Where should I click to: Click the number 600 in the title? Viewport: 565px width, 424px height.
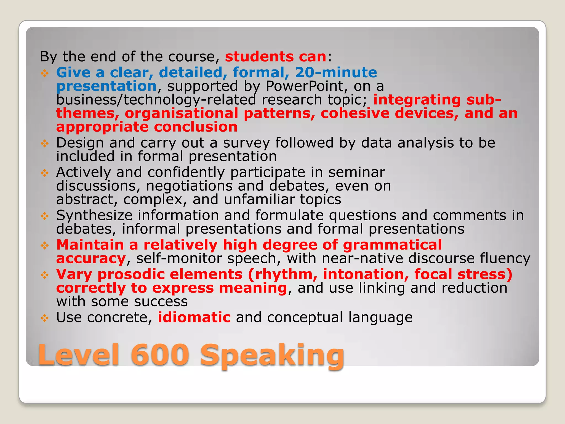pos(160,355)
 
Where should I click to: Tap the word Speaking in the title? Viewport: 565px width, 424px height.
pos(272,356)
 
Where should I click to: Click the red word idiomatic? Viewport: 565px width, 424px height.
pos(194,317)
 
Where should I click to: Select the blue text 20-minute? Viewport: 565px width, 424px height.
pos(336,73)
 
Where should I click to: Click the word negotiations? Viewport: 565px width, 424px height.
pos(189,186)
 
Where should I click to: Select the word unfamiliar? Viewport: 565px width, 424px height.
pos(259,199)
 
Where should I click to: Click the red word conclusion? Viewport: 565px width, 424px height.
pos(196,127)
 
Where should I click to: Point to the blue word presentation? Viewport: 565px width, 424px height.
pos(106,86)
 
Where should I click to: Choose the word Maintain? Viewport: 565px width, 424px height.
pos(90,245)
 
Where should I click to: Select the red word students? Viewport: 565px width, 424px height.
pos(259,57)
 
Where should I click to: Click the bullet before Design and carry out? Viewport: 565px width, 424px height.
pos(44,143)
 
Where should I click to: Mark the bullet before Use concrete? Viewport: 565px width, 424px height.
pos(44,318)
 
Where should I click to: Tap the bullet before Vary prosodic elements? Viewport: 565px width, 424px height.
pos(44,275)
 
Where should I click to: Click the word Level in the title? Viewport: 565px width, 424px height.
pos(79,355)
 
